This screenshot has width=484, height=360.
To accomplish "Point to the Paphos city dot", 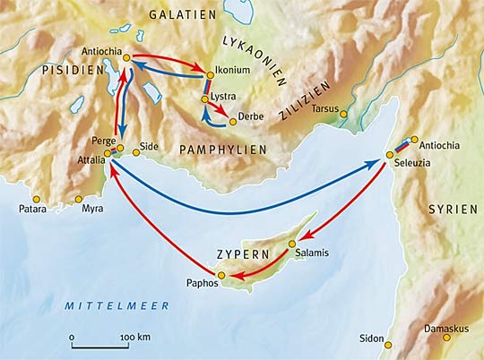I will pyautogui.click(x=221, y=274).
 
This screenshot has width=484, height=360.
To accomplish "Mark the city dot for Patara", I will pyautogui.click(x=36, y=199).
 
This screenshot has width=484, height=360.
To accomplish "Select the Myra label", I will pyautogui.click(x=91, y=209).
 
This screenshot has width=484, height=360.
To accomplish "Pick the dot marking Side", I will pyautogui.click(x=136, y=152).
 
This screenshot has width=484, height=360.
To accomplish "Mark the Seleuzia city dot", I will pyautogui.click(x=389, y=155).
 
